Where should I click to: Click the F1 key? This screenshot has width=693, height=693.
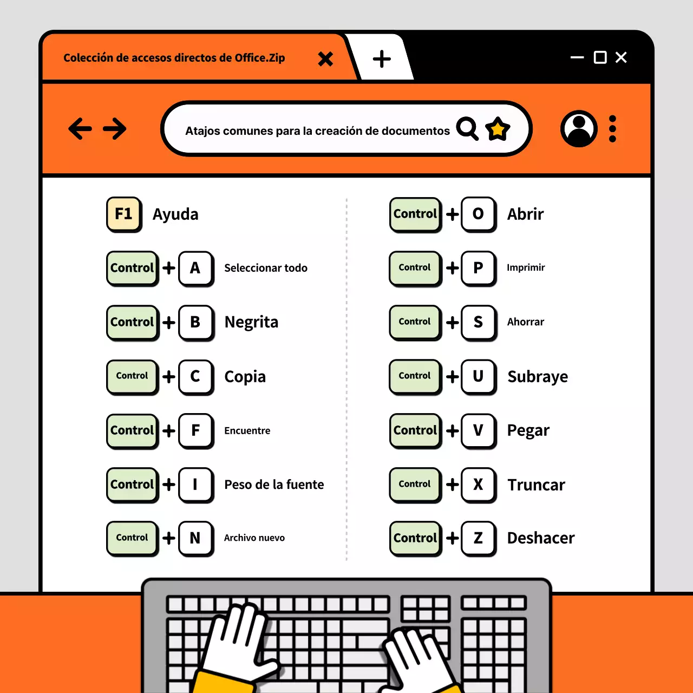click(x=123, y=214)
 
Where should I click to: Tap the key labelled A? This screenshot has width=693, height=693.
click(x=195, y=268)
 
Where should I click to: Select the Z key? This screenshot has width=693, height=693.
click(x=478, y=538)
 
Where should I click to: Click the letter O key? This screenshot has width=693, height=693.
click(x=478, y=214)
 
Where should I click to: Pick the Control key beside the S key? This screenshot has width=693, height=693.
click(x=415, y=322)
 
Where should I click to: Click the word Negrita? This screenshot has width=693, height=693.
click(x=251, y=322)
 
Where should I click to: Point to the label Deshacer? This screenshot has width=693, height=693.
click(x=540, y=538)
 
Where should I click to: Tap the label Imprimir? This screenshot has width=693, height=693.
click(x=526, y=267)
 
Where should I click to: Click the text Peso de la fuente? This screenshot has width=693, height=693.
click(x=274, y=485)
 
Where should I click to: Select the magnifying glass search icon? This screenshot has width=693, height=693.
click(x=467, y=129)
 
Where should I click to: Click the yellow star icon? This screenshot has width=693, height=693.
click(x=498, y=129)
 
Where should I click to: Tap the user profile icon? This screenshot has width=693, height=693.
click(x=579, y=129)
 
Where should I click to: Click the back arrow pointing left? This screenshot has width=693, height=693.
click(x=80, y=129)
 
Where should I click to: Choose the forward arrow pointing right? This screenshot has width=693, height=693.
click(x=115, y=129)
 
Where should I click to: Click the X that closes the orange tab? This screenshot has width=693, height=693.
click(x=325, y=58)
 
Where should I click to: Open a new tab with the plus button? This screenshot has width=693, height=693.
click(x=382, y=58)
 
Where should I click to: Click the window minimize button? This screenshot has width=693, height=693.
click(x=577, y=57)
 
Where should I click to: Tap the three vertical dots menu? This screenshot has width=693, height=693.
click(x=612, y=129)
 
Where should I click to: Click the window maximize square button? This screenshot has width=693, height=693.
click(x=600, y=57)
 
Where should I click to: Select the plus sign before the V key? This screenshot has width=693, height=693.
click(x=452, y=430)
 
